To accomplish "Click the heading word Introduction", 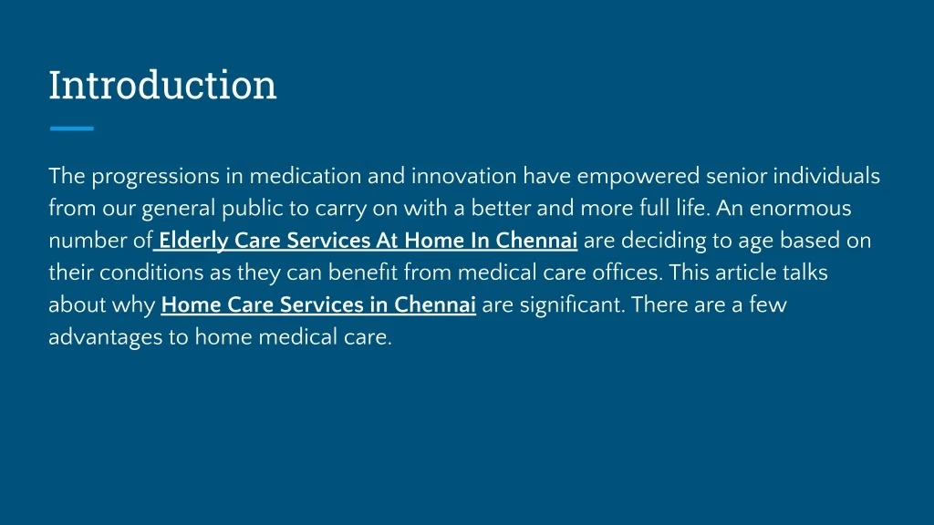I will pos(162,85).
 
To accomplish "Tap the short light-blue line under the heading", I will pos(71,129).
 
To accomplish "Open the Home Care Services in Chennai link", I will pos(318,305).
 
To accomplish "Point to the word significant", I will pos(572,305).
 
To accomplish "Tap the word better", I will pos(500,209).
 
